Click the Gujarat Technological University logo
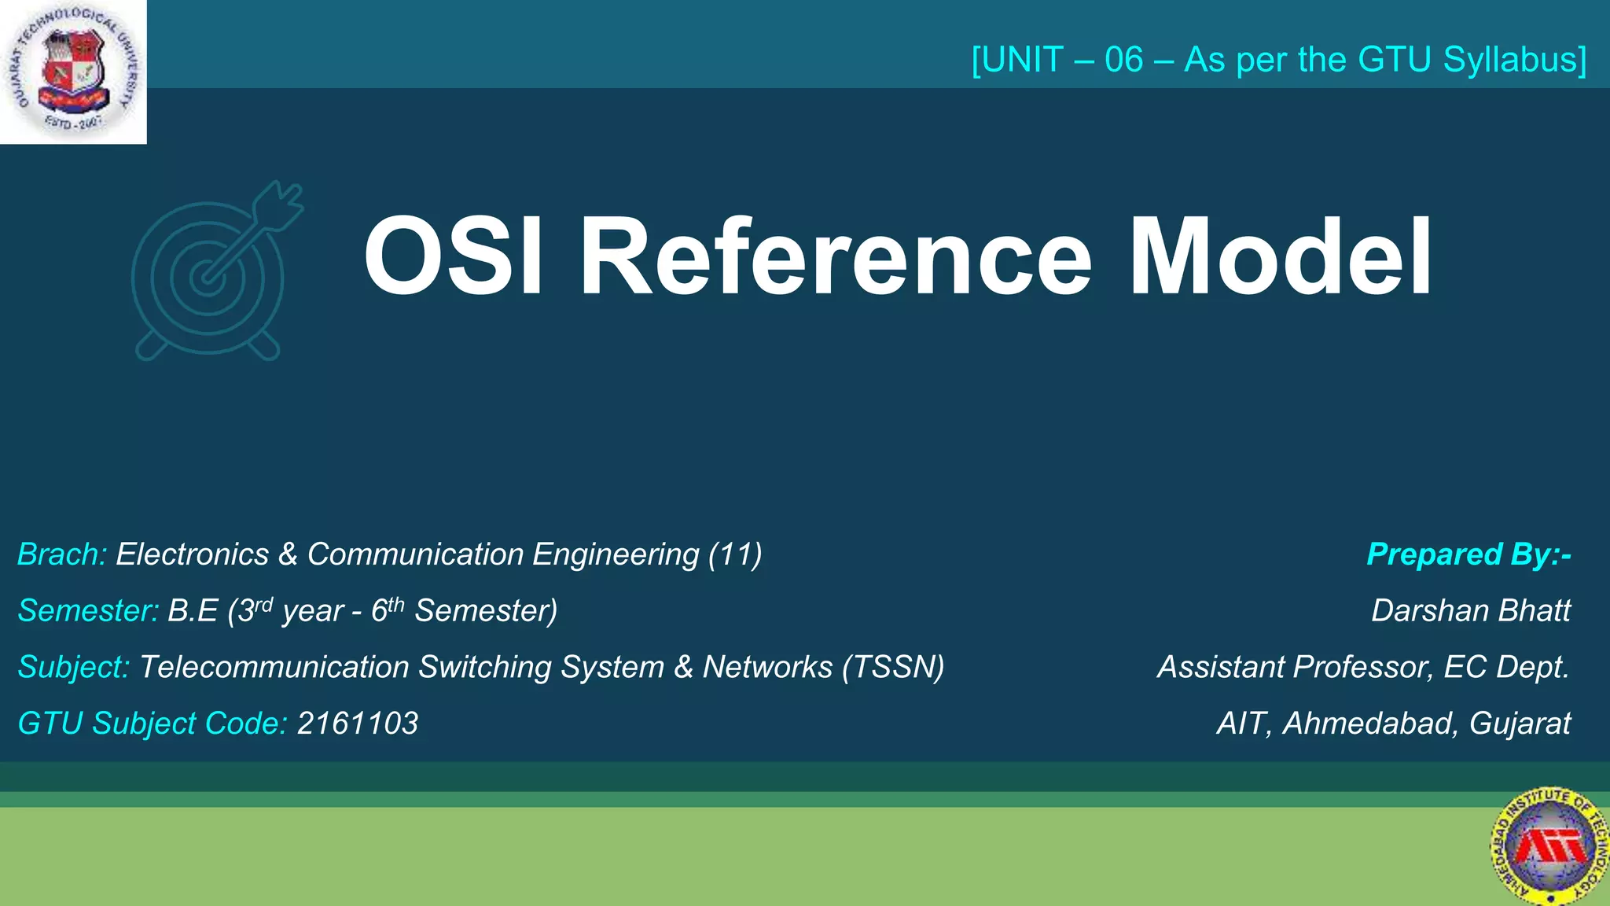pos(73,72)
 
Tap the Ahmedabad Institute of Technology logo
pos(1549,846)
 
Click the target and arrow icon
pos(216,271)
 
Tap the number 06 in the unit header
pos(1123,60)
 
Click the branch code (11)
pos(735,554)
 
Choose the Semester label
pos(89,611)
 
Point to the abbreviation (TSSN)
pos(893,667)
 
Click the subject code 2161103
pos(358,724)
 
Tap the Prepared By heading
pos(1468,554)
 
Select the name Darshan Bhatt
pos(1470,611)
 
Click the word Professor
pos(1361,667)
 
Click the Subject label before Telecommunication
pos(73,667)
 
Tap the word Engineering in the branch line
pos(616,554)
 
